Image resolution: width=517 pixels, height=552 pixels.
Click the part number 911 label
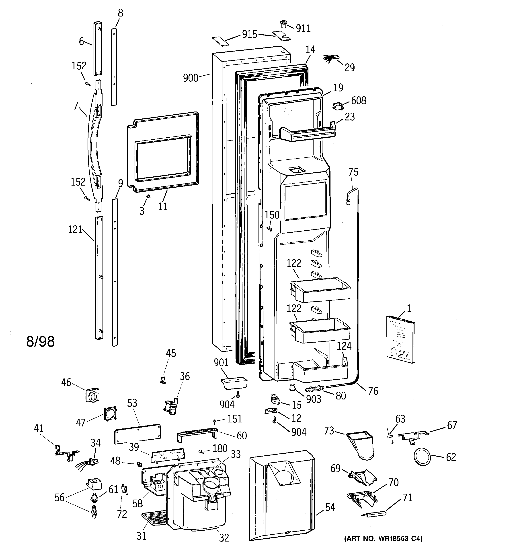303,29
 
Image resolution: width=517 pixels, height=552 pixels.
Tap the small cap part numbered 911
283,24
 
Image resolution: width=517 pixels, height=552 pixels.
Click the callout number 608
359,101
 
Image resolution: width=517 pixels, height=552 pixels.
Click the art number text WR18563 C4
384,539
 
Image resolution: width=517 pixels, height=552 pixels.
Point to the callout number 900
191,78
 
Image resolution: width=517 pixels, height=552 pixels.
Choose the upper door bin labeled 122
320,290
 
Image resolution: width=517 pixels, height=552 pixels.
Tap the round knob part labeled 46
92,395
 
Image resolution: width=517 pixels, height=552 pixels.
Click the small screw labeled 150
269,229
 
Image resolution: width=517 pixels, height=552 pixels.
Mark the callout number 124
344,346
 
